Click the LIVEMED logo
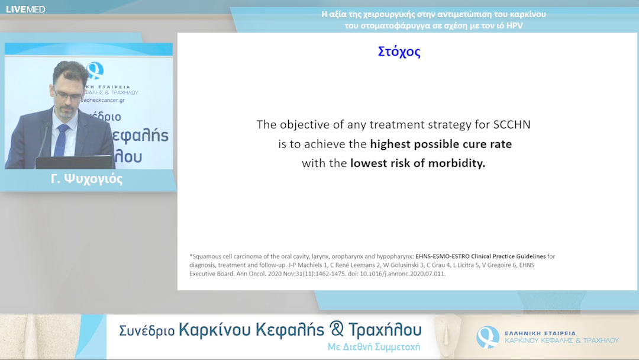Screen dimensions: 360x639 [x=25, y=9]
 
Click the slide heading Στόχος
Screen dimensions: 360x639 [x=399, y=52]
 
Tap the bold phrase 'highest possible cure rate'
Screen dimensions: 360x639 [x=441, y=144]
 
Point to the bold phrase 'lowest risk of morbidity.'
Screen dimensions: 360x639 [x=418, y=163]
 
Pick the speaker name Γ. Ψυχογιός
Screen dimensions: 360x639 [x=87, y=179]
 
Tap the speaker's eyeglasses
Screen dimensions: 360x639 [x=66, y=94]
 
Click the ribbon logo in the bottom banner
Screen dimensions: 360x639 [x=488, y=337]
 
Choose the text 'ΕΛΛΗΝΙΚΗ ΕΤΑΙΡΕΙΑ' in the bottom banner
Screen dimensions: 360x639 [x=540, y=333]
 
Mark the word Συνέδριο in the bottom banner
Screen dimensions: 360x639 [x=147, y=331]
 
